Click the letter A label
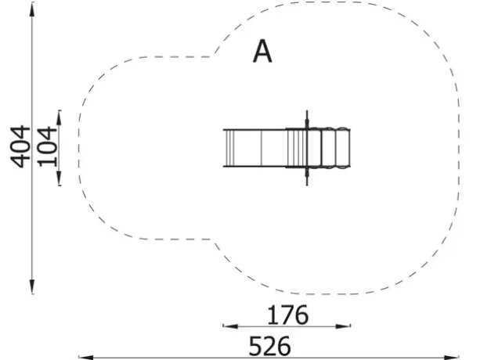262,52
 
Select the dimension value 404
20,146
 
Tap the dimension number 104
47,146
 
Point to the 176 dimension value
287,315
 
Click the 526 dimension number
269,346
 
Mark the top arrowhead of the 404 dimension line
32,9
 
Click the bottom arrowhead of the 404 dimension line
32,286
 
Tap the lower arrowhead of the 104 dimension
59,178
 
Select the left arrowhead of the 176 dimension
230,326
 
